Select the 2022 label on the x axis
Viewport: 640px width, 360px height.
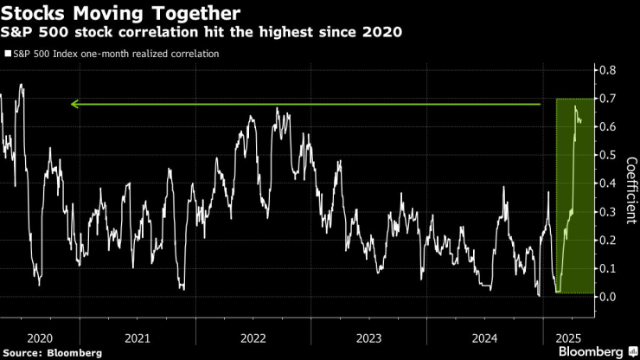coord(252,337)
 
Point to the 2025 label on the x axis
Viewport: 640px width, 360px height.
coord(567,337)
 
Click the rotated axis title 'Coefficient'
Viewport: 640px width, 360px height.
coord(631,190)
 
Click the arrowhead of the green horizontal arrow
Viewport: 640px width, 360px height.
coord(74,105)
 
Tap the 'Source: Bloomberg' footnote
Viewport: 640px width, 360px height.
coord(53,353)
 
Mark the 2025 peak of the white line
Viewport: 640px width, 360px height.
coord(575,106)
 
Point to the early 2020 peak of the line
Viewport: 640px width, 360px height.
coord(21,85)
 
